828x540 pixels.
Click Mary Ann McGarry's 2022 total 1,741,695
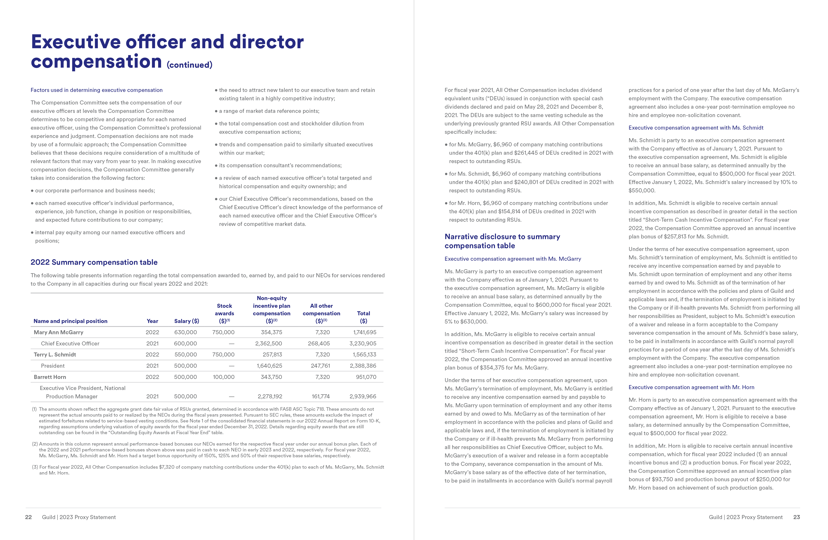[x=365, y=332]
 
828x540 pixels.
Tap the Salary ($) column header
[x=187, y=321]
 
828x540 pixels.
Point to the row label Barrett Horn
[x=50, y=377]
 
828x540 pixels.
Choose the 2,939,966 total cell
[x=363, y=396]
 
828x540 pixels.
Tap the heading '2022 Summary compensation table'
[x=94, y=262]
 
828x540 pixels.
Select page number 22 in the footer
[x=29, y=517]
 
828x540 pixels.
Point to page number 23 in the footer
[x=796, y=517]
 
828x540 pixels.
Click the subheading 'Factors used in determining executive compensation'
[x=96, y=90]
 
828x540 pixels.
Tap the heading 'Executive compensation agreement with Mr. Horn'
[x=691, y=387]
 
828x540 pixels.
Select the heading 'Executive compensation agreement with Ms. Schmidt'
[x=696, y=128]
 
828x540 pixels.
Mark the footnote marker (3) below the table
[x=35, y=467]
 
